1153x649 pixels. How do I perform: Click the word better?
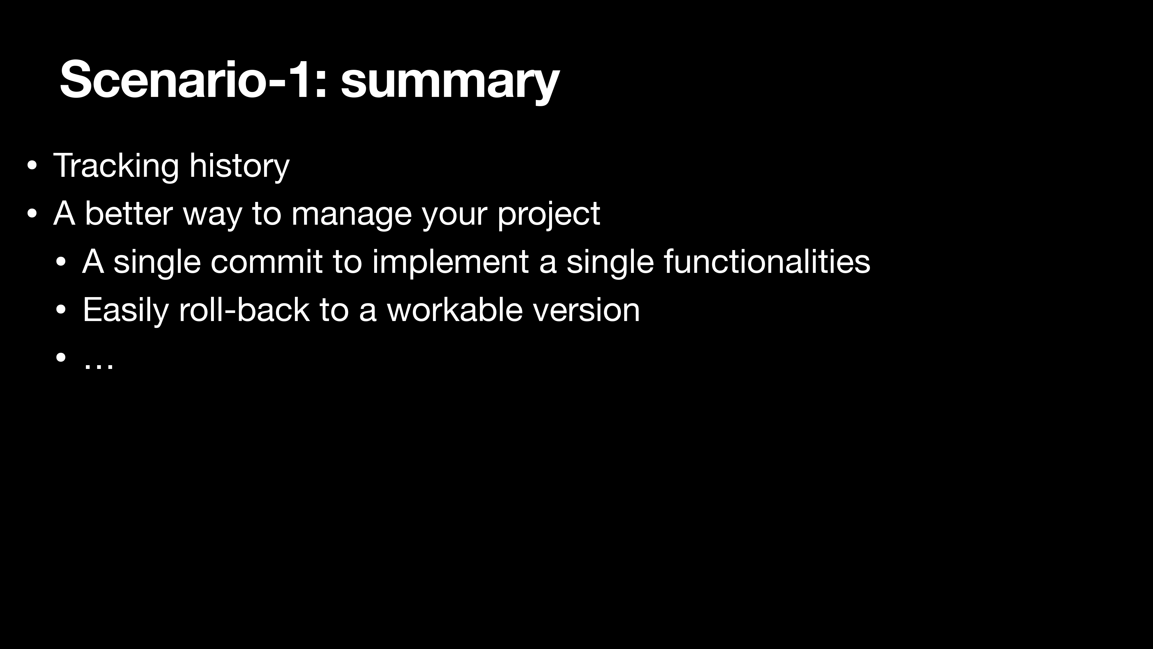[129, 214]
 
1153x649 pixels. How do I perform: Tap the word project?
[549, 215]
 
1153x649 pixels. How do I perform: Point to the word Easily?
[126, 311]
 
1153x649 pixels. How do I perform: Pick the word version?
[586, 310]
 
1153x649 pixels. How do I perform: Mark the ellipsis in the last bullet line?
[99, 365]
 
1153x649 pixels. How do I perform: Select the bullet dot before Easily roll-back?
[61, 310]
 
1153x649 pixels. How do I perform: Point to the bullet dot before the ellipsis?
[61, 358]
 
